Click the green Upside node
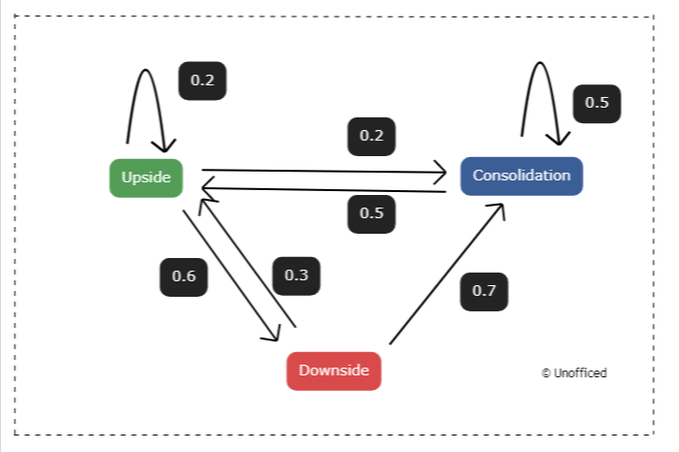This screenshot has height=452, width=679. click(x=145, y=178)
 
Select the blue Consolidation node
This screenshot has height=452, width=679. click(x=521, y=176)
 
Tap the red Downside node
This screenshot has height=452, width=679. click(x=334, y=371)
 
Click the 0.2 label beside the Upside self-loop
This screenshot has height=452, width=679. click(x=202, y=81)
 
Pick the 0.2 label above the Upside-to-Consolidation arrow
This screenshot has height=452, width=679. click(x=372, y=136)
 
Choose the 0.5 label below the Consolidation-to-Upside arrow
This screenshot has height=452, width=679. click(x=372, y=213)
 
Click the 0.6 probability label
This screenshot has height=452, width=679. click(x=183, y=276)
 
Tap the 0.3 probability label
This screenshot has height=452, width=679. click(x=297, y=275)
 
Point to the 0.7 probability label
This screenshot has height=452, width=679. click(x=484, y=290)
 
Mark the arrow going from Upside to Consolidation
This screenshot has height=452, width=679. click(x=320, y=172)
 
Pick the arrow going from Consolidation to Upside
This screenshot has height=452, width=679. click(x=320, y=188)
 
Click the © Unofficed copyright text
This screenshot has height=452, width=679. click(x=574, y=372)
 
